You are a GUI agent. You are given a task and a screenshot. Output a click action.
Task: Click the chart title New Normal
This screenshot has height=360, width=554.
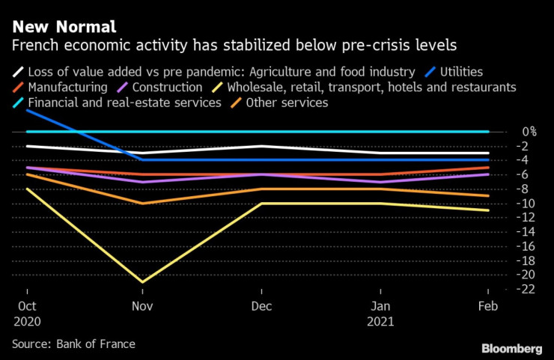64,28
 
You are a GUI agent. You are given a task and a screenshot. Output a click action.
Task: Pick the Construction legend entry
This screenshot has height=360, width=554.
165,87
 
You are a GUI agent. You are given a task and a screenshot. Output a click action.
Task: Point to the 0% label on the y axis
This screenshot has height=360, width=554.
508,132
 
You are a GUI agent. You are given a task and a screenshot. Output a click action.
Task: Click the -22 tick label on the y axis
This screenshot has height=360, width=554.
508,289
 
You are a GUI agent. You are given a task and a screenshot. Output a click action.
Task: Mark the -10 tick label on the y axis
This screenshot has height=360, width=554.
508,204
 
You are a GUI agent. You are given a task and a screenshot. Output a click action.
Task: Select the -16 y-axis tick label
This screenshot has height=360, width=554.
508,246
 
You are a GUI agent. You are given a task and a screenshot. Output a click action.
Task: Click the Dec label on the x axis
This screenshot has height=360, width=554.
261,307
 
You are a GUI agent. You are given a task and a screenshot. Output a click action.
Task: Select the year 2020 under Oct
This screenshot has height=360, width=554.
28,321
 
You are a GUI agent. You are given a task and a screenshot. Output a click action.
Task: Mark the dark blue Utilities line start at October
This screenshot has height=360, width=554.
28,110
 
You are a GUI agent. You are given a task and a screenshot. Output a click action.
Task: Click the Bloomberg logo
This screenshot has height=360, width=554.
511,349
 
